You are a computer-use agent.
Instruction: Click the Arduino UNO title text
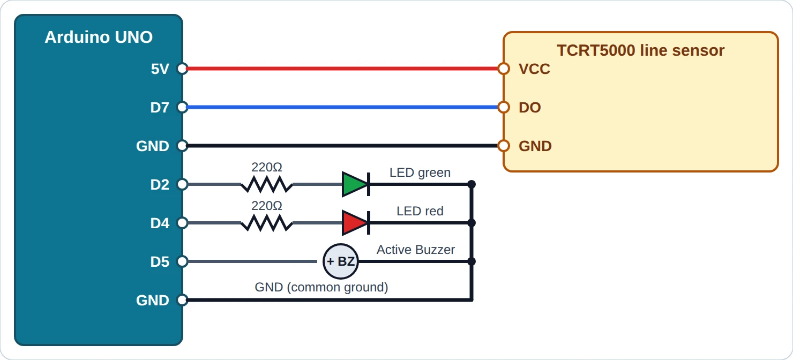(x=99, y=37)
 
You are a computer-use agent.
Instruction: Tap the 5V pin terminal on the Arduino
(x=182, y=69)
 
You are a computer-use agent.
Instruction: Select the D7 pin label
(x=160, y=107)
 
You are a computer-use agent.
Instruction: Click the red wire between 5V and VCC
(x=343, y=69)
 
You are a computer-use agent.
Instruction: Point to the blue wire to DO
(x=343, y=107)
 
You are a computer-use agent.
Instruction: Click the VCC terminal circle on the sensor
(x=504, y=69)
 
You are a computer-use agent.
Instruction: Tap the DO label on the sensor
(x=529, y=108)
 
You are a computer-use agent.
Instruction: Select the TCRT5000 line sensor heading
(x=641, y=50)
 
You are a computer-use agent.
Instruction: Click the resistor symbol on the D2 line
(x=267, y=184)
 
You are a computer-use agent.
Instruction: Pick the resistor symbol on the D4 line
(x=267, y=223)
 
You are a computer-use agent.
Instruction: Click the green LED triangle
(x=355, y=184)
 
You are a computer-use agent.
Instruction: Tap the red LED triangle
(x=355, y=223)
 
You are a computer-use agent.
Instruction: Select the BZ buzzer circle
(x=341, y=261)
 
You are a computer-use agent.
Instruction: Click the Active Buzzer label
(x=416, y=250)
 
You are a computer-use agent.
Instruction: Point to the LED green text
(x=420, y=172)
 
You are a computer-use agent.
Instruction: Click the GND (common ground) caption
(x=321, y=287)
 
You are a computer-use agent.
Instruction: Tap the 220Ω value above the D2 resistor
(x=267, y=167)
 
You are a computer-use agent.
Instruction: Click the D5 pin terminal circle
(x=182, y=261)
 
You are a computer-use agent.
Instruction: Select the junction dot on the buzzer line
(x=472, y=261)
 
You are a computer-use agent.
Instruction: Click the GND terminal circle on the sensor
(x=504, y=146)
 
